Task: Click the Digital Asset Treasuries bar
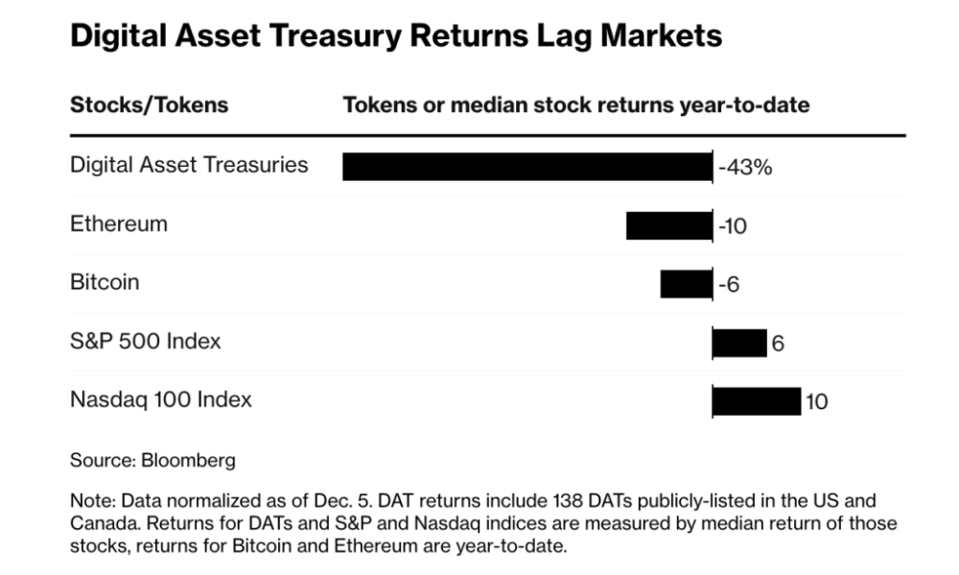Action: coord(527,166)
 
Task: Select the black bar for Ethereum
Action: coord(668,225)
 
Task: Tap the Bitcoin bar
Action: coord(686,284)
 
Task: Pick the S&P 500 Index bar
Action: coord(739,342)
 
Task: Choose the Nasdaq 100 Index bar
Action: coord(757,401)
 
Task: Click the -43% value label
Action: coord(745,167)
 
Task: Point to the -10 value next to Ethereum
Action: coord(733,226)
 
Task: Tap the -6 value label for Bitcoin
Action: coord(729,285)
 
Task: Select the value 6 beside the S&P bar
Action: coord(778,343)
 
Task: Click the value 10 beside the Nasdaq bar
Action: coord(816,402)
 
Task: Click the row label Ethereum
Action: coord(119,224)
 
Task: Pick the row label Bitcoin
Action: coord(105,283)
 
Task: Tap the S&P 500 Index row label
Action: coord(146,341)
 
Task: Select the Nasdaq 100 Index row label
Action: coord(161,400)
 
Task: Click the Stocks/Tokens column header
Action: coord(150,104)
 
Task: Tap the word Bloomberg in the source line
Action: coord(188,460)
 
